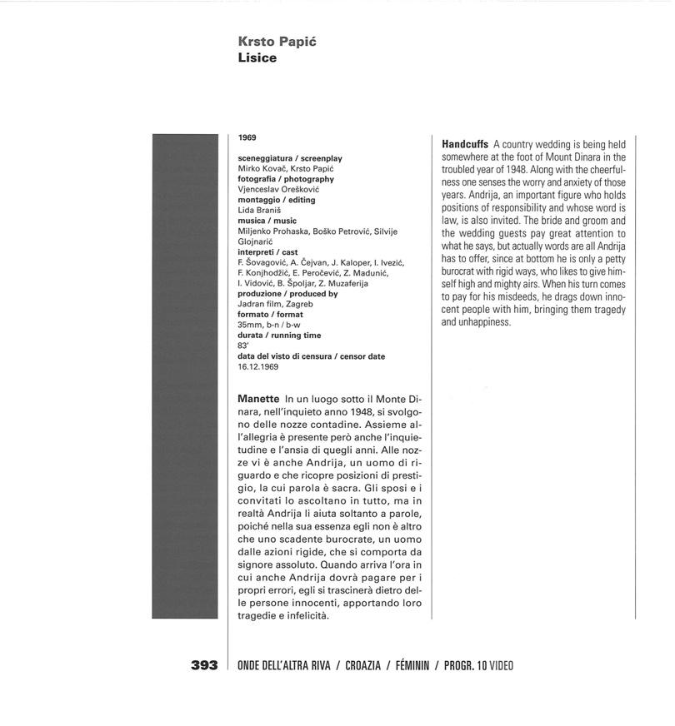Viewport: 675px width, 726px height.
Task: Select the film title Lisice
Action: point(257,59)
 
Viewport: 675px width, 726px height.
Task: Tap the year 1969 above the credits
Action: point(247,137)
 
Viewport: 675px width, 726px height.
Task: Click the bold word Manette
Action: point(258,400)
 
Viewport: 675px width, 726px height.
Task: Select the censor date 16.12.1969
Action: point(257,366)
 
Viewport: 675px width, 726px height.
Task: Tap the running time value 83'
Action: point(243,346)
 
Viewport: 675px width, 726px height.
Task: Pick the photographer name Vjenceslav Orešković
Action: point(278,189)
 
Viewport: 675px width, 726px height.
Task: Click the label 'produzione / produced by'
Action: point(287,294)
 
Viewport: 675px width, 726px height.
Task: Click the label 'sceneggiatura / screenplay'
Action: point(290,158)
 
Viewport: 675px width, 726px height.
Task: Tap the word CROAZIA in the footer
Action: point(366,665)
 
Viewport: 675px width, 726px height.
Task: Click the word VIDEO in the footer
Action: point(502,665)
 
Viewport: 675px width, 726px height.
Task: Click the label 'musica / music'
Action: point(267,221)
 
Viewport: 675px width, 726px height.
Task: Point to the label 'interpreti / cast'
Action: point(267,252)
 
